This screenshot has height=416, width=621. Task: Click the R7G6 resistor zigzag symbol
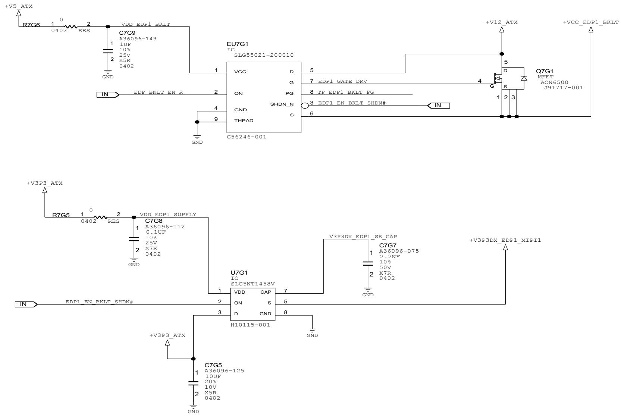click(71, 27)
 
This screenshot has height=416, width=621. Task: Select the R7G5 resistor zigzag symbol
click(100, 218)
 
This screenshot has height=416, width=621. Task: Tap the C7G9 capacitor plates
click(108, 51)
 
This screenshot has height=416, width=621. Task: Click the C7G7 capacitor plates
click(368, 263)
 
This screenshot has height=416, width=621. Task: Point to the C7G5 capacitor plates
click(193, 383)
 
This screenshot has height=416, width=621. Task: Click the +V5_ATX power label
click(19, 6)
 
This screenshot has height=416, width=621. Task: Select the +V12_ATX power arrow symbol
click(502, 29)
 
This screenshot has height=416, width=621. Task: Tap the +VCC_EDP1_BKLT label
click(591, 22)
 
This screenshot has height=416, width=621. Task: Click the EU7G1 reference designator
click(237, 44)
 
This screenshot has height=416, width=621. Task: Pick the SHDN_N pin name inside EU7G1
click(282, 104)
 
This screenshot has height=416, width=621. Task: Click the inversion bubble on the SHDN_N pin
click(305, 106)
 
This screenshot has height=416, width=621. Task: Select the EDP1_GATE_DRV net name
click(342, 81)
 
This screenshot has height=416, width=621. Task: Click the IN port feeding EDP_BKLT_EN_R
click(108, 95)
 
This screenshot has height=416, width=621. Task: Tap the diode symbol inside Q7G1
click(524, 78)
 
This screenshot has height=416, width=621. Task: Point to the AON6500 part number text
click(554, 82)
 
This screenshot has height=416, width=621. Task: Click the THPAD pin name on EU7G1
click(244, 121)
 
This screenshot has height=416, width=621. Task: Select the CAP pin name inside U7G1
click(266, 292)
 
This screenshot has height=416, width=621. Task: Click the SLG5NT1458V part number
click(253, 284)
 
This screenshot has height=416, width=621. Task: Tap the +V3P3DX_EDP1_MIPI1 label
click(505, 240)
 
